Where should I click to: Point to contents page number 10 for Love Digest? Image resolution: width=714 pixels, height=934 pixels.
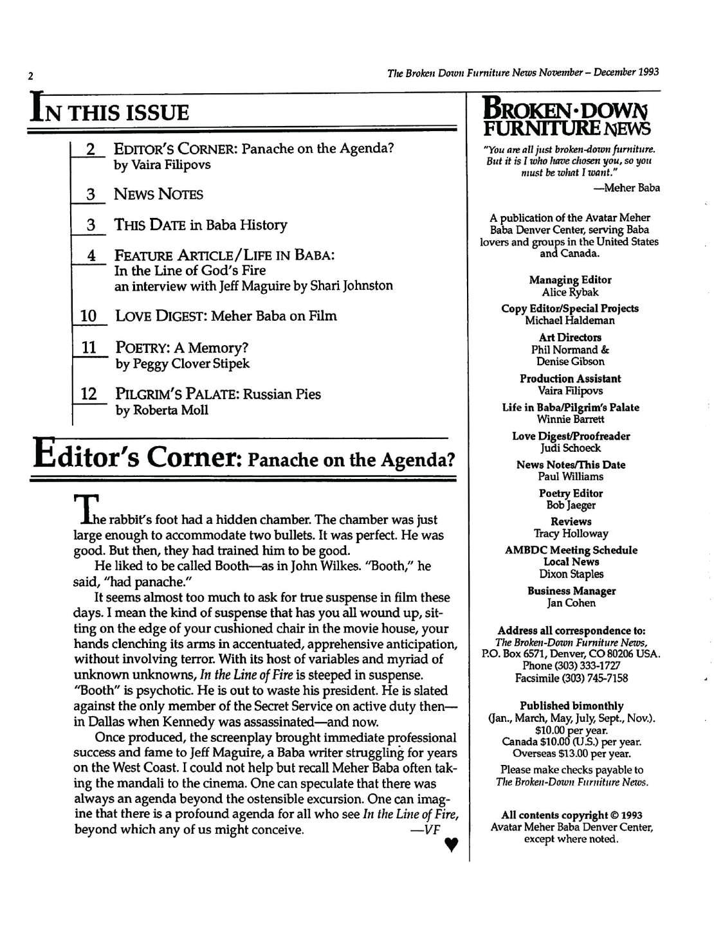pyautogui.click(x=89, y=316)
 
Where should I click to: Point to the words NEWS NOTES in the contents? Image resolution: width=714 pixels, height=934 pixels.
pyautogui.click(x=158, y=194)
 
